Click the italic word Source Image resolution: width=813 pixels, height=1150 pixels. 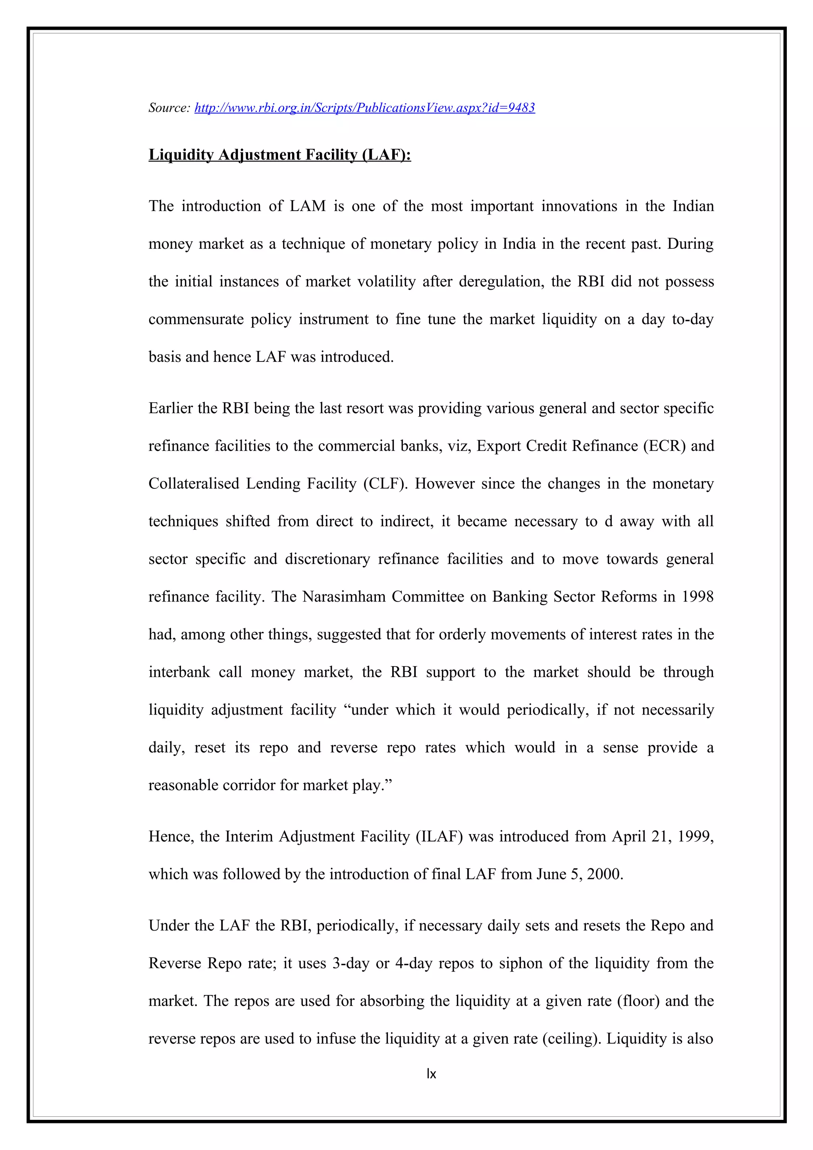pos(169,108)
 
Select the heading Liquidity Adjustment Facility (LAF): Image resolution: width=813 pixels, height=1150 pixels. pos(279,155)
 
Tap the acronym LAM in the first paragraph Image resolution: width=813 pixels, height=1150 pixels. pos(308,206)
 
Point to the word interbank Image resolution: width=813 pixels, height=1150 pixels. pos(179,672)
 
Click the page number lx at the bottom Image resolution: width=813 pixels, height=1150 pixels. pos(431,1073)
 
